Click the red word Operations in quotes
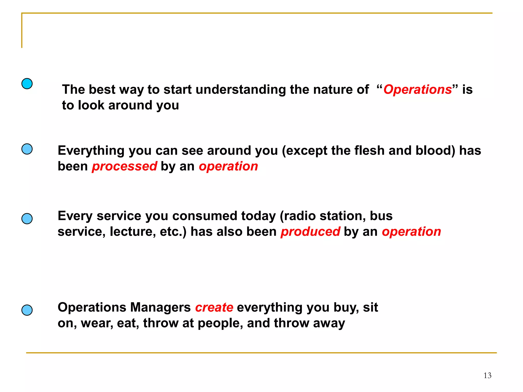click(418, 90)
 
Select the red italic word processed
click(124, 166)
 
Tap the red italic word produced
click(310, 232)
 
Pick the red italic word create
click(214, 307)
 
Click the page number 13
click(487, 375)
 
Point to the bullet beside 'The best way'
click(27, 84)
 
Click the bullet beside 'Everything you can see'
click(27, 149)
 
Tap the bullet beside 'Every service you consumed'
click(27, 219)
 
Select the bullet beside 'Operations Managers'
click(27, 310)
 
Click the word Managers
click(161, 307)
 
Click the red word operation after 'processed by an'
click(228, 166)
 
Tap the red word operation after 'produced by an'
click(411, 232)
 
